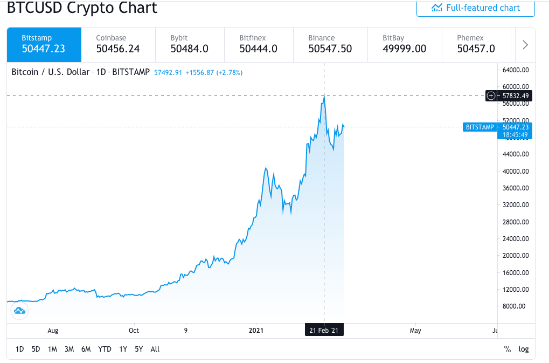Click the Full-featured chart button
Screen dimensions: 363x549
click(475, 8)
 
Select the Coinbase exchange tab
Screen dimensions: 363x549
click(118, 44)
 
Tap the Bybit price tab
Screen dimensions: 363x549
click(189, 44)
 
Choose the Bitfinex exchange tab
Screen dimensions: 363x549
click(258, 44)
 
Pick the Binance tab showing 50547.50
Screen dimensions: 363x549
click(330, 44)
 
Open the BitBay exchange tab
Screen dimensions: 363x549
click(404, 44)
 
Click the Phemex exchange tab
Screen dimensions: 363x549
click(476, 44)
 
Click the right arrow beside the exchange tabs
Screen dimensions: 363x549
click(525, 45)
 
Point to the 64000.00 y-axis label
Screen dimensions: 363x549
click(516, 70)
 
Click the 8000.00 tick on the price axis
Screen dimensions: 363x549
click(516, 306)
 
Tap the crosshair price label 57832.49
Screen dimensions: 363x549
click(516, 96)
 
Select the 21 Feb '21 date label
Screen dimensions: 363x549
click(323, 330)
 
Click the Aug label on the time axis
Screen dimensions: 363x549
click(53, 330)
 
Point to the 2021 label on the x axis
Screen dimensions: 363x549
click(259, 330)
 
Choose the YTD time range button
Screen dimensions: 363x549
click(105, 349)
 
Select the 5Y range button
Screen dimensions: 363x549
click(139, 349)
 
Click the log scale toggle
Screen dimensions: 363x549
click(524, 349)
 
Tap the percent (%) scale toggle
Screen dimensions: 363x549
click(507, 349)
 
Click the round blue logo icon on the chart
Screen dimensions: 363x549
click(19, 310)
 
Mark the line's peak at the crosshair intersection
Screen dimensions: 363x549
click(324, 96)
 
